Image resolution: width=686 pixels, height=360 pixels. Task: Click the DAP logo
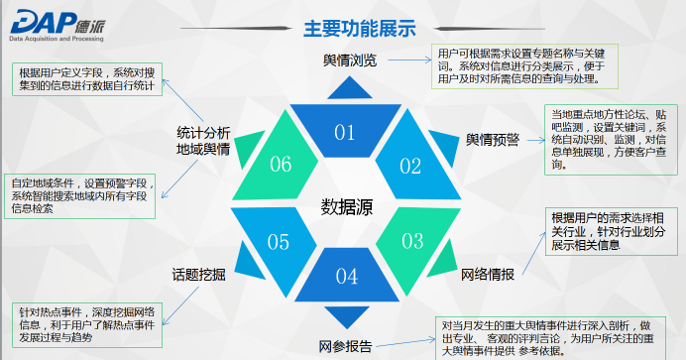point(57,26)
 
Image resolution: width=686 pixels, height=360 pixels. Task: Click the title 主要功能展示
point(360,29)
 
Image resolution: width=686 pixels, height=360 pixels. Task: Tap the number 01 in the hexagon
point(345,132)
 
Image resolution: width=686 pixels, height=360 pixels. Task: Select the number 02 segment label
point(410,167)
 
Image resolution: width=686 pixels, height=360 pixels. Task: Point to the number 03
point(412,241)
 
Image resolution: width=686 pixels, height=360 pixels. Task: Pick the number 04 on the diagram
point(347,276)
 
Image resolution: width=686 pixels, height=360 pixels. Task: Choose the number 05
point(279,242)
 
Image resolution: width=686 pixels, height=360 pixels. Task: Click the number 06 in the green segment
point(281,165)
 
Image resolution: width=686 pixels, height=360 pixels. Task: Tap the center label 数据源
point(347,207)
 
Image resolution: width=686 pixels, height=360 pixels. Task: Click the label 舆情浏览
point(350,60)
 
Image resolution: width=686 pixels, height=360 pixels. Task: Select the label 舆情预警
point(492,140)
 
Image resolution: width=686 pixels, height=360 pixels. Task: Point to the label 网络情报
point(488,275)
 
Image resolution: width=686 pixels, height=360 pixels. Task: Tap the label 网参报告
point(345,346)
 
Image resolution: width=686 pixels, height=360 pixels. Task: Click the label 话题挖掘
point(198,275)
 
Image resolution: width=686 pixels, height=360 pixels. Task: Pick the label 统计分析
point(203,133)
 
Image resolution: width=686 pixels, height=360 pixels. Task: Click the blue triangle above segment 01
point(350,89)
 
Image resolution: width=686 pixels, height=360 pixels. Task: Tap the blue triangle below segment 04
point(347,315)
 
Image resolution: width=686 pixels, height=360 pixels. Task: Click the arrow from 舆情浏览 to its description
point(409,60)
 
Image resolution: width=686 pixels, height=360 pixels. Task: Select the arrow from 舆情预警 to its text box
point(536,141)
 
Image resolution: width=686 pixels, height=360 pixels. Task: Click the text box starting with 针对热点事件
point(87,325)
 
